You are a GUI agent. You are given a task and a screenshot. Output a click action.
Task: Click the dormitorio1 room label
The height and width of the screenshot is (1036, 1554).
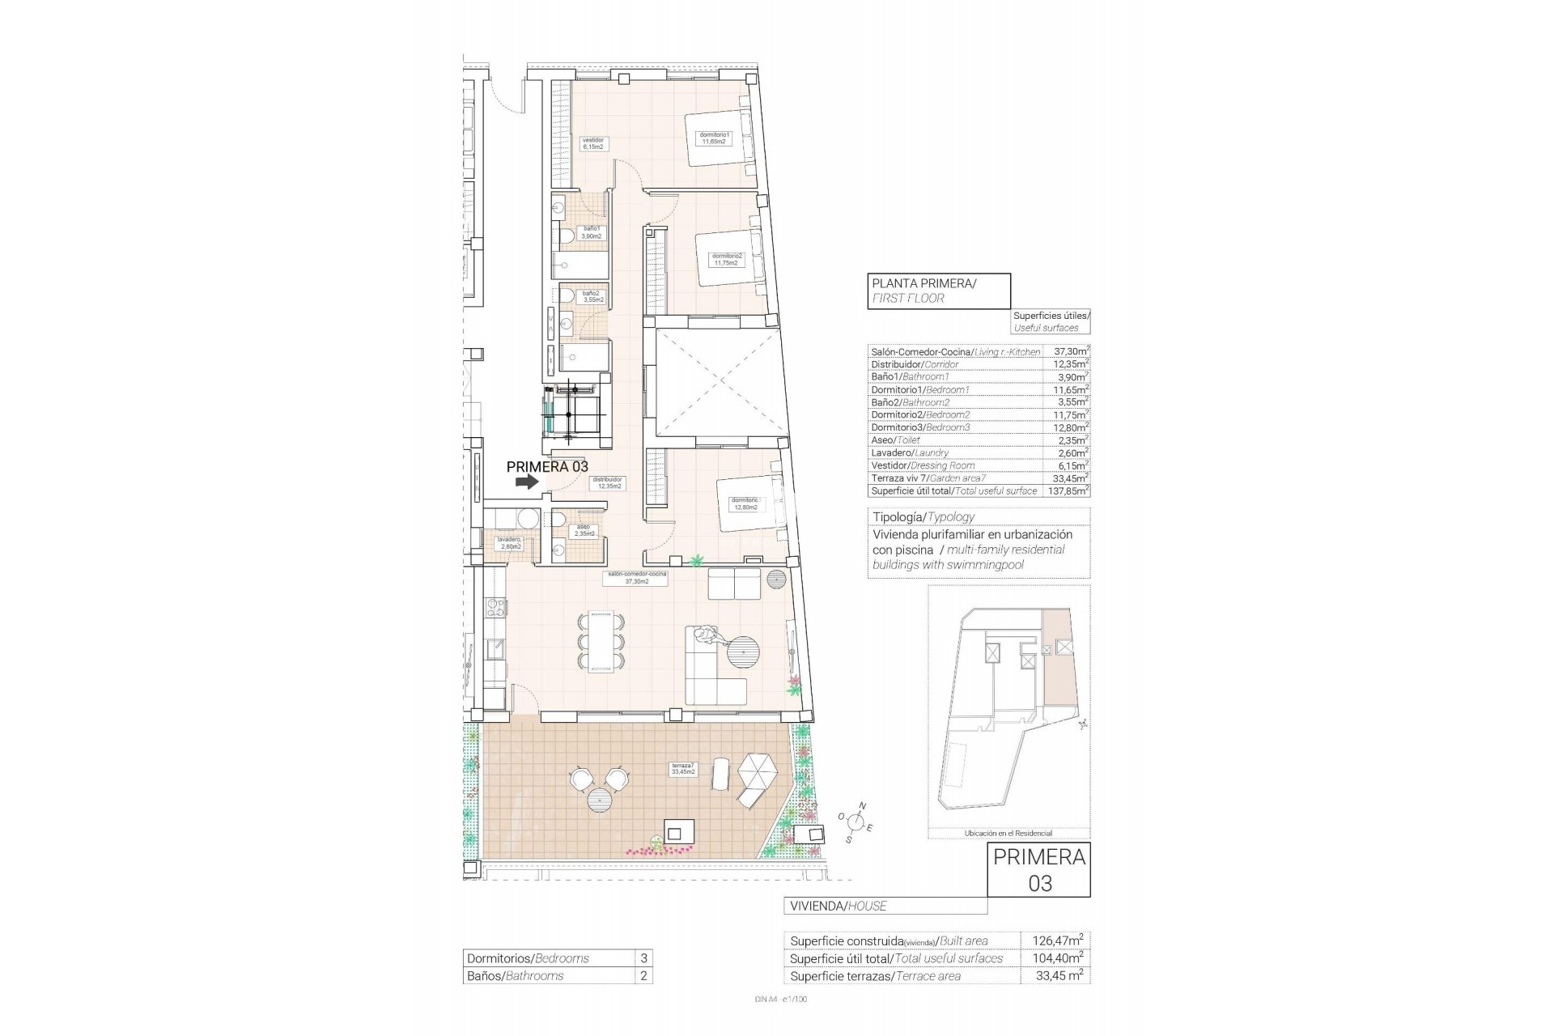click(x=715, y=138)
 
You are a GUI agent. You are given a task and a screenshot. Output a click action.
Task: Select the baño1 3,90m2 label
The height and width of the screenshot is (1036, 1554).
click(x=592, y=232)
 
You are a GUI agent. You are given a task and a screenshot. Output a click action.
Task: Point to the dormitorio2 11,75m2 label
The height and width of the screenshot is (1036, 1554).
click(x=725, y=259)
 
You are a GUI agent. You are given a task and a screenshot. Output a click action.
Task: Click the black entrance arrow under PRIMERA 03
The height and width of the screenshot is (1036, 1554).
click(x=527, y=482)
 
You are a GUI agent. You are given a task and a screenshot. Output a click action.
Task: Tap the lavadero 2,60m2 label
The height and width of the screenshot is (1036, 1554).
click(x=510, y=543)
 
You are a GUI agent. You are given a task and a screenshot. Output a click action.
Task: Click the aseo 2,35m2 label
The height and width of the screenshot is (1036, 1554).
click(x=584, y=530)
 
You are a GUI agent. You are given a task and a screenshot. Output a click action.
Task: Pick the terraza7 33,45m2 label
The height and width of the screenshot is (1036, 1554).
click(x=683, y=768)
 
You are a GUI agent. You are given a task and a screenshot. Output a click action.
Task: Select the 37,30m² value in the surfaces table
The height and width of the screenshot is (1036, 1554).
click(x=1070, y=352)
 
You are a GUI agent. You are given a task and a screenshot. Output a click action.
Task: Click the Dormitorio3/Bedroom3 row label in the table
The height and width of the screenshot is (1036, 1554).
click(x=919, y=427)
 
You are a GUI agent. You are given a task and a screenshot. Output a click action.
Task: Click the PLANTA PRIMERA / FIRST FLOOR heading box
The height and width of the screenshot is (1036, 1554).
click(x=939, y=290)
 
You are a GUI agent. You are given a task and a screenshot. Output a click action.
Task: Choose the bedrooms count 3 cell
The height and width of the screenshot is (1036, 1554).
click(x=643, y=958)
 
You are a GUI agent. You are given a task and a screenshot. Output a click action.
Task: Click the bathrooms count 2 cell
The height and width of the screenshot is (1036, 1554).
click(x=643, y=976)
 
